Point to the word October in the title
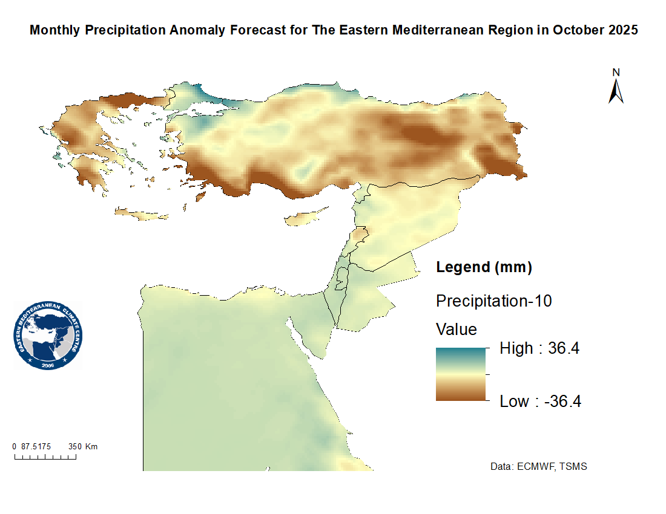[574, 30]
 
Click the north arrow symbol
[616, 92]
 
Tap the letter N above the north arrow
[616, 73]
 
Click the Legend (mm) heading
[484, 267]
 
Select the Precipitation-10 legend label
[493, 301]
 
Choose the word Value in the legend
[457, 330]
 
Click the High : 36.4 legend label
[539, 348]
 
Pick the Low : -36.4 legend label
[540, 402]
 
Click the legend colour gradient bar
[461, 374]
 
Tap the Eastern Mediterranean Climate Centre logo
[48, 336]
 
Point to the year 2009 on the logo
[48, 365]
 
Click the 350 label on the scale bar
[74, 446]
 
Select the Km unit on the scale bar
[91, 446]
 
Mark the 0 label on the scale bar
[15, 446]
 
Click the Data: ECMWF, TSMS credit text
[538, 467]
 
